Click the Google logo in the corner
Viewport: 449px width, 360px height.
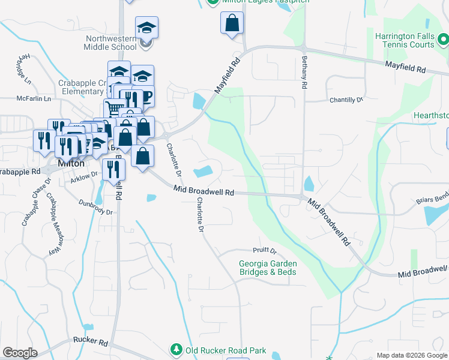(x=20, y=353)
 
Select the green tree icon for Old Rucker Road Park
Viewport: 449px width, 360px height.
(x=176, y=349)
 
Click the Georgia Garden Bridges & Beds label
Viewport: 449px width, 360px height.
(x=267, y=268)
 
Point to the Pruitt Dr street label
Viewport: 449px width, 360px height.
(x=264, y=251)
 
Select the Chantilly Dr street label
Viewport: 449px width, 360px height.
(x=346, y=100)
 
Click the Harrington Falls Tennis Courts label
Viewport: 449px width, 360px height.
(x=405, y=40)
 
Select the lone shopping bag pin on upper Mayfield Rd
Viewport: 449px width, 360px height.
(x=232, y=24)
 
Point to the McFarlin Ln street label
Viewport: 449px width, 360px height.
(x=34, y=98)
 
